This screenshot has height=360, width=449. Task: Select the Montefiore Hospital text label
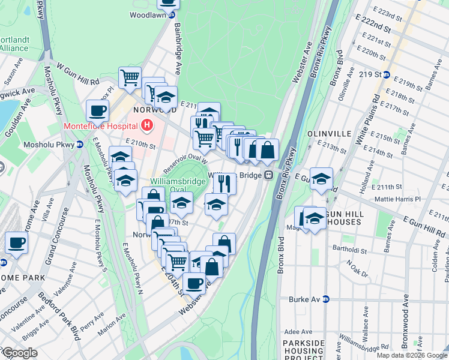tap(100, 127)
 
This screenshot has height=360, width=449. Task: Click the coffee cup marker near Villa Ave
tap(17, 242)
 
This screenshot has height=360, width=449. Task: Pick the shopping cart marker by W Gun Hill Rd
tap(130, 77)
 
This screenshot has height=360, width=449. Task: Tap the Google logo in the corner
tap(20, 353)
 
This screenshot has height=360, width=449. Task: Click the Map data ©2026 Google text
tap(411, 355)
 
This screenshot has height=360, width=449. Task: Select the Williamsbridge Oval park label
tap(171, 182)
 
